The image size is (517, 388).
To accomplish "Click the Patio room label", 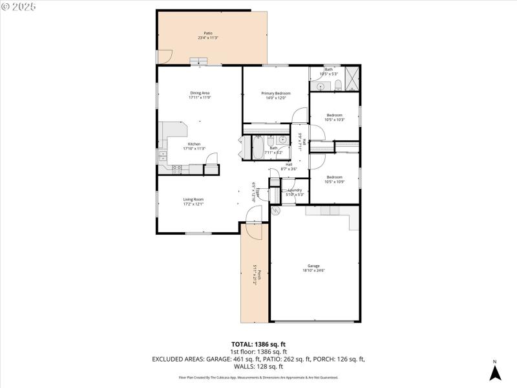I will (208, 36).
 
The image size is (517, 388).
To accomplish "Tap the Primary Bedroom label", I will (276, 96).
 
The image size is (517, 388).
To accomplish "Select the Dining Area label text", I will (200, 96).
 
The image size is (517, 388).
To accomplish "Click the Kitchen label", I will (194, 146).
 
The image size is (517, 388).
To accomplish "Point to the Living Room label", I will (193, 202).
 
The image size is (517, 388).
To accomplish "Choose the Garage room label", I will (314, 268).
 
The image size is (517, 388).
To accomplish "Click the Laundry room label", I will (294, 192).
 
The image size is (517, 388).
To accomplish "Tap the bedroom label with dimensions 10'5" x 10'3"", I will (334, 117).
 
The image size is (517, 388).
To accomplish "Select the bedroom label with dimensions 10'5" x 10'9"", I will (334, 179).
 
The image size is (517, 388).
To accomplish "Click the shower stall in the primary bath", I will (352, 78).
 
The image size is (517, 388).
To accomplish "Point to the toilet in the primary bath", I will (337, 85).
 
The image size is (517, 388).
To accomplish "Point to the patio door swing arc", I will (162, 58).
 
